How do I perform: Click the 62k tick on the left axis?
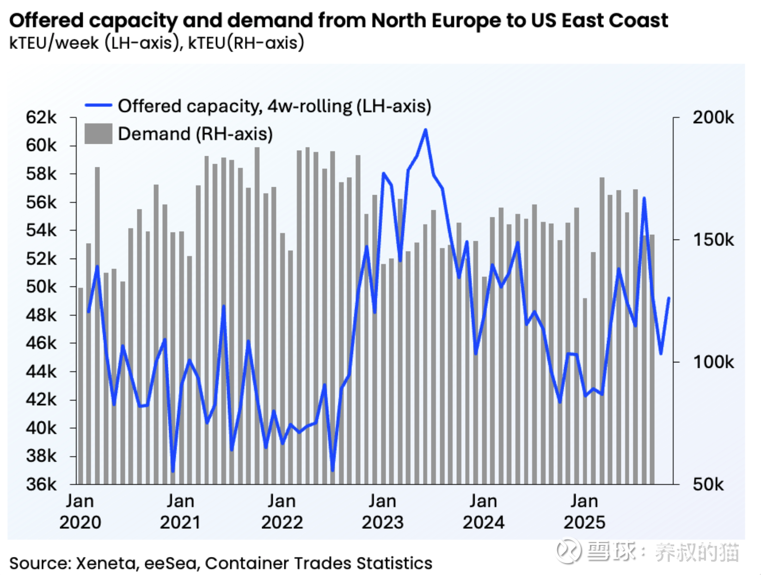(41, 117)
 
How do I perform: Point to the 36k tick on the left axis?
(41, 484)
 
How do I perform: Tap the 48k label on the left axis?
(41, 315)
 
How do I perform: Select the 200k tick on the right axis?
(713, 117)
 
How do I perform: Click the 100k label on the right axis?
(713, 362)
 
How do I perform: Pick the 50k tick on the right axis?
(708, 484)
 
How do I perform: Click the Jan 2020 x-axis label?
(80, 512)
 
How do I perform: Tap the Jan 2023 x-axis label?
(382, 512)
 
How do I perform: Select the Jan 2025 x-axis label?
(584, 512)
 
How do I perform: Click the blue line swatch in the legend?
(98, 105)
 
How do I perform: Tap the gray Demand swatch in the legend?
(98, 134)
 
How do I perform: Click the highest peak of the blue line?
(425, 130)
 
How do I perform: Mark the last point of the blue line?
(669, 299)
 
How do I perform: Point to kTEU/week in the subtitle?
(54, 43)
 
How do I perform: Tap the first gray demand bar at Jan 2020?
(80, 386)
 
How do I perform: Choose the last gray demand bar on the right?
(652, 360)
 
